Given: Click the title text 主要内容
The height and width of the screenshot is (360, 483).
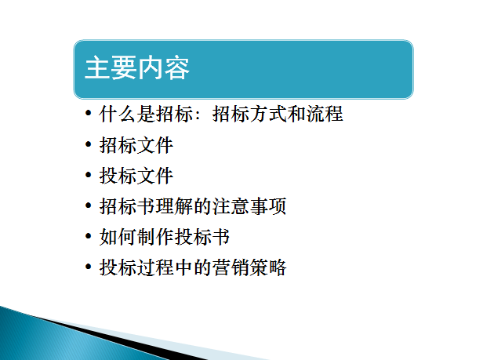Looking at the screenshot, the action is point(136,67).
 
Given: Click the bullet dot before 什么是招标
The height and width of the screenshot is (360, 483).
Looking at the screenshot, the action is point(89,113).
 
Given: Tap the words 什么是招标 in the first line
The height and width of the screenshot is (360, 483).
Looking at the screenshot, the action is point(146,114).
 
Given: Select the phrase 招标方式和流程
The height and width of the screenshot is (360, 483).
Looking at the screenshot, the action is point(278,114).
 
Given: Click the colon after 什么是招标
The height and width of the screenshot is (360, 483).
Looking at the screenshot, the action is point(198,115).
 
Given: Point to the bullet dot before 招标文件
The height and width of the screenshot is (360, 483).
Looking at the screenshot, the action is point(89,144).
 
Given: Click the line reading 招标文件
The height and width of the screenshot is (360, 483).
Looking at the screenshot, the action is point(136,145).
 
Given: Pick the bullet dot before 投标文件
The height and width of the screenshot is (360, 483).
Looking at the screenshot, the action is point(89,175).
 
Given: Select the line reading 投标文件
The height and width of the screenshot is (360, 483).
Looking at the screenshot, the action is point(136,176).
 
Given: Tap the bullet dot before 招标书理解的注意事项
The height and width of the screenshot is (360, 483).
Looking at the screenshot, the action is point(89,205).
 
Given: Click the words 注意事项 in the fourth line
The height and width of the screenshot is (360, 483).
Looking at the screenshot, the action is point(249,206).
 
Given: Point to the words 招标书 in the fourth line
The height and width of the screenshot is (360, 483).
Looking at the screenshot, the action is point(127,206).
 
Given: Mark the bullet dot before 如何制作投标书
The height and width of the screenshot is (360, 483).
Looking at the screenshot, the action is point(89,236).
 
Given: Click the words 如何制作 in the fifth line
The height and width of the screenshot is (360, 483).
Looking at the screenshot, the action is point(136,237).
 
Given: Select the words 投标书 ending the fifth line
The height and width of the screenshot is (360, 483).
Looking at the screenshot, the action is point(202,237).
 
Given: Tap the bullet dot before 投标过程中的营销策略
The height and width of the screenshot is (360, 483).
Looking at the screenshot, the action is point(89,267).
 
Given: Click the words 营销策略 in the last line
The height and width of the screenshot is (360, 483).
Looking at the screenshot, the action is point(249,267).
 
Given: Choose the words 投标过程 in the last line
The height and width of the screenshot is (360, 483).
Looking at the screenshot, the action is point(136,267).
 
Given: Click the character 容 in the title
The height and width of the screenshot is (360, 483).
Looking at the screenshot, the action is point(177,67).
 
